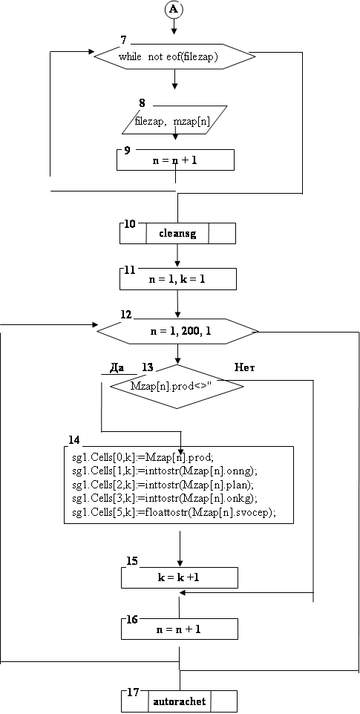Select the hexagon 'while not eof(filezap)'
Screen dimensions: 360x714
pyautogui.click(x=174, y=57)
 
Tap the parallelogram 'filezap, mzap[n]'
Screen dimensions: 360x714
pyautogui.click(x=174, y=120)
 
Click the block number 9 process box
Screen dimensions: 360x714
pyautogui.click(x=176, y=160)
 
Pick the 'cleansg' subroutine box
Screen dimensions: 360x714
pyautogui.click(x=177, y=233)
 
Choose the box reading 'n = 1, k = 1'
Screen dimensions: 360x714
pyautogui.click(x=178, y=278)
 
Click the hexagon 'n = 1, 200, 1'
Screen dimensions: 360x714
pyautogui.click(x=178, y=330)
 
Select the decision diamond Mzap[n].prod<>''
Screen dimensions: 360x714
pyautogui.click(x=177, y=386)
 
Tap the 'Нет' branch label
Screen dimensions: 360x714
pyautogui.click(x=244, y=367)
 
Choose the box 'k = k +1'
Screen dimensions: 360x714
pyautogui.click(x=180, y=577)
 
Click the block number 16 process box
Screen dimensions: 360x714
pyautogui.click(x=180, y=629)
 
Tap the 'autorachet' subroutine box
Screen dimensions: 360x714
pyautogui.click(x=180, y=701)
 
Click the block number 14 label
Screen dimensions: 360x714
pyautogui.click(x=74, y=440)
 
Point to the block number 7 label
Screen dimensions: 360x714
pyautogui.click(x=123, y=39)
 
